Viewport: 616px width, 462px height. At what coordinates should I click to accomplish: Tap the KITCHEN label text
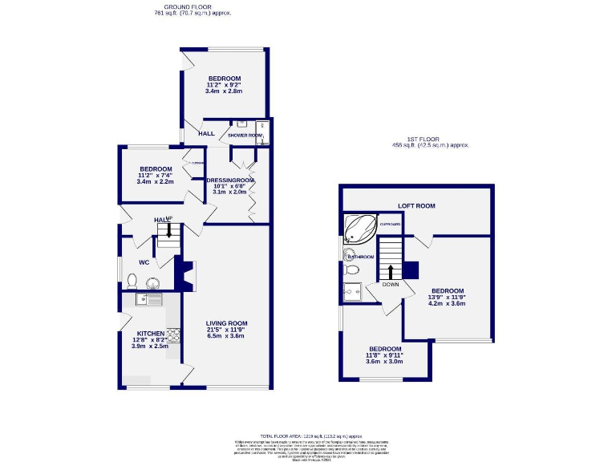pos(150,333)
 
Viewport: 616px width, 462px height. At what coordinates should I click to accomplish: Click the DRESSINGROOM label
pos(230,180)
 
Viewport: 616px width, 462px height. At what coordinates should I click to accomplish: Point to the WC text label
pos(144,261)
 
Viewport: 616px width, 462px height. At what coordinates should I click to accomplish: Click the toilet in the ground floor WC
pos(132,280)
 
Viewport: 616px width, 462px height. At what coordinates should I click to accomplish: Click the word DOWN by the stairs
pos(391,284)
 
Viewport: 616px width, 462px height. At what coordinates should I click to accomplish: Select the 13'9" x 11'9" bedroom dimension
pos(447,298)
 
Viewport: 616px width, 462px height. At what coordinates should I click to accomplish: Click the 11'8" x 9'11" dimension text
pos(384,355)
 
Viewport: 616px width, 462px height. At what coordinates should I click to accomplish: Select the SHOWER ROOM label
pos(245,136)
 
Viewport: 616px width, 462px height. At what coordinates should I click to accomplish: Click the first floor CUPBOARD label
pos(390,225)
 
